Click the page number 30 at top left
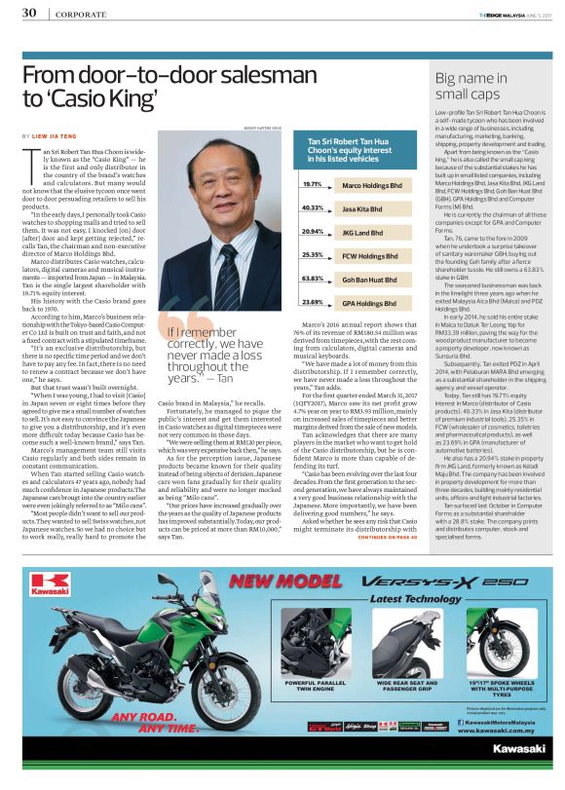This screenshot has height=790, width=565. [29, 12]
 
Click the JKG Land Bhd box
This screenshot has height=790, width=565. [369, 232]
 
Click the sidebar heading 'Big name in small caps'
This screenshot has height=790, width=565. [471, 87]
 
